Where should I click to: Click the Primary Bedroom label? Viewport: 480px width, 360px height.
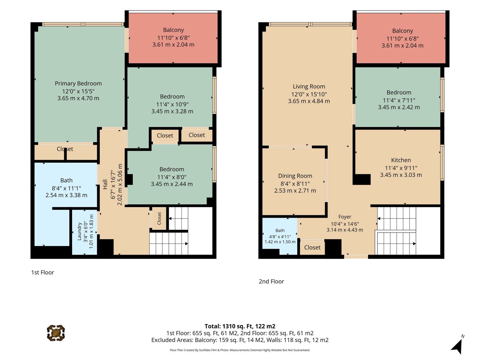78,84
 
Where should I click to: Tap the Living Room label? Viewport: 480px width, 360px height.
309,87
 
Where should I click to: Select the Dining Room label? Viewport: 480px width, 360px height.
295,176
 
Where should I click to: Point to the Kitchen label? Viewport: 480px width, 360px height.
401,160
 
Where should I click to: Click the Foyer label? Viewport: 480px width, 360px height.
345,217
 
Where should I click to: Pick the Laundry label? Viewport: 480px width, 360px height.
79,231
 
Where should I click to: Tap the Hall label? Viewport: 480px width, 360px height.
105,184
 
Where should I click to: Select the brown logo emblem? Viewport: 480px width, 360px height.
56,333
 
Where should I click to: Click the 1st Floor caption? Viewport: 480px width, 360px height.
42,273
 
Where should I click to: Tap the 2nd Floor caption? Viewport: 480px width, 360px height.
271,282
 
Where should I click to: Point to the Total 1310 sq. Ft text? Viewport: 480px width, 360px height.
240,326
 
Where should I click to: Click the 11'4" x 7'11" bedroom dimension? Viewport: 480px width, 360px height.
399,100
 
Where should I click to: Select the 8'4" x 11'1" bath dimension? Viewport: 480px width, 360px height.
66,188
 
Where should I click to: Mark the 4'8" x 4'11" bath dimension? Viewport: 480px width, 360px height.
280,237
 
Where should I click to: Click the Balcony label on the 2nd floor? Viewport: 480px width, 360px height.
402,31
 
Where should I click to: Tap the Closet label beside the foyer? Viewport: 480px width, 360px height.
312,247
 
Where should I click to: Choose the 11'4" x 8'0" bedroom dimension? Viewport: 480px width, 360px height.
172,177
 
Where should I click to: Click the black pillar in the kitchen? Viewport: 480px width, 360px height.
362,180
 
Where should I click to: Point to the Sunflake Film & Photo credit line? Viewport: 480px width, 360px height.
240,350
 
